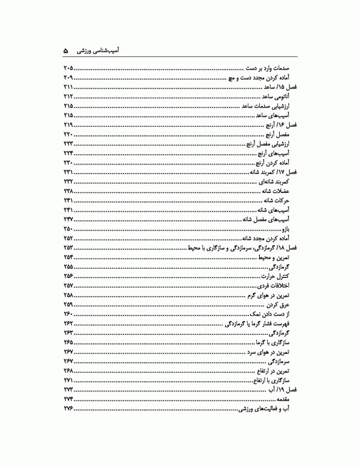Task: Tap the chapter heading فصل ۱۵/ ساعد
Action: pyautogui.click(x=279, y=87)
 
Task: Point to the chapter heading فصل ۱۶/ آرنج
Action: pyautogui.click(x=279, y=124)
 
